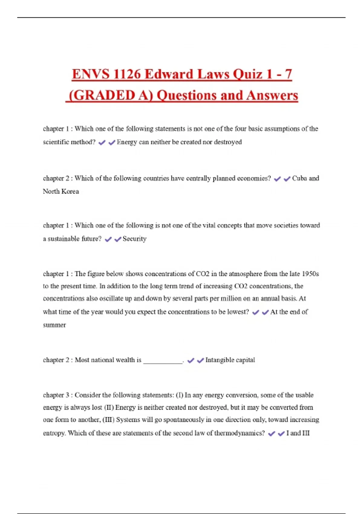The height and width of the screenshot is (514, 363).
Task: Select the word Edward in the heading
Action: click(x=169, y=74)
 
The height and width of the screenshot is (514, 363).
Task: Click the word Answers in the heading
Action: click(x=272, y=96)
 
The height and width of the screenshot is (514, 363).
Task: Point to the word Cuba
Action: click(x=299, y=178)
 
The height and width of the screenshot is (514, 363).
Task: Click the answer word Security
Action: click(x=135, y=239)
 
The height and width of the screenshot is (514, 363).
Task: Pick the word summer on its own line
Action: click(x=54, y=325)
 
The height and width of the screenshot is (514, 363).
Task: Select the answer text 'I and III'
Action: click(x=298, y=433)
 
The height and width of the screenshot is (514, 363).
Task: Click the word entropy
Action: click(x=54, y=433)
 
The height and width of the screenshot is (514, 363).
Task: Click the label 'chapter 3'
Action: click(x=56, y=395)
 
